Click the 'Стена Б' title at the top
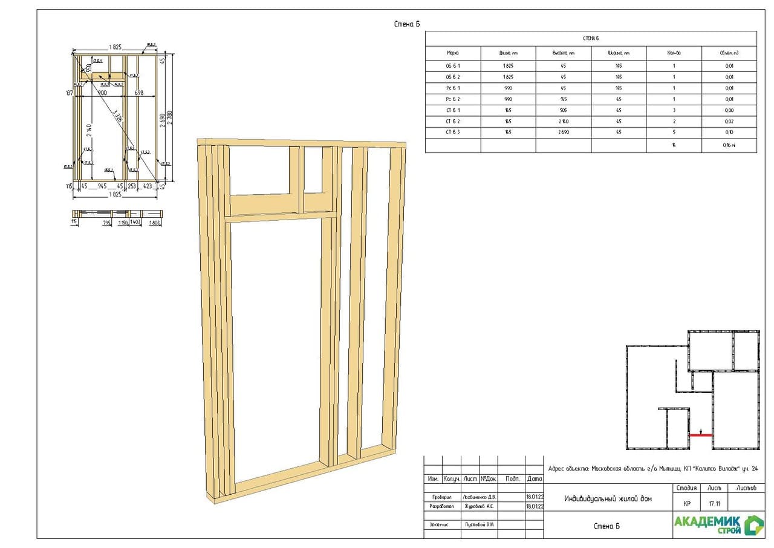pyautogui.click(x=406, y=24)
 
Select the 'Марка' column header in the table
pyautogui.click(x=453, y=53)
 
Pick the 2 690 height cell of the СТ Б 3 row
pyautogui.click(x=563, y=132)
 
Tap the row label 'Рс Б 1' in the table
pyautogui.click(x=453, y=88)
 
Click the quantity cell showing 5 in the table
pyautogui.click(x=674, y=132)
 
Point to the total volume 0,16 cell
pyautogui.click(x=729, y=146)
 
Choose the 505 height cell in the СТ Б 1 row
pyautogui.click(x=563, y=110)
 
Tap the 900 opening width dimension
pyautogui.click(x=102, y=93)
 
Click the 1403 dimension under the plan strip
pyautogui.click(x=135, y=223)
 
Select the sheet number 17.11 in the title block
pyautogui.click(x=714, y=503)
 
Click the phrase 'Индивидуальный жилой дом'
pyautogui.click(x=608, y=499)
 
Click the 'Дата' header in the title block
pyautogui.click(x=535, y=478)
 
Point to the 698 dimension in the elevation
pyautogui.click(x=139, y=93)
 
